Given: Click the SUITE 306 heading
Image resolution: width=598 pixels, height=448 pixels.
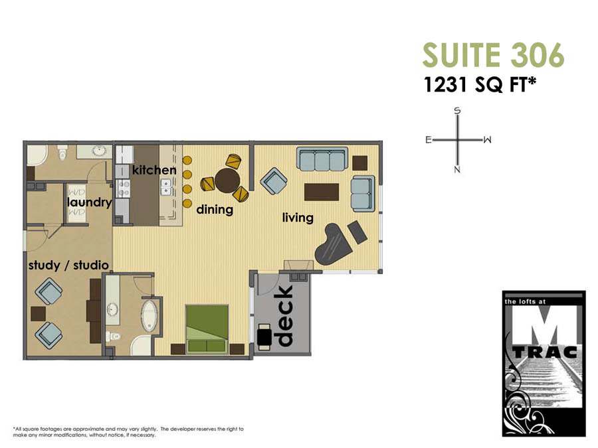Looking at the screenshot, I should (x=493, y=55).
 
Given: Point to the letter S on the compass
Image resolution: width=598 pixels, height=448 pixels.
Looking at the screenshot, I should (x=457, y=111).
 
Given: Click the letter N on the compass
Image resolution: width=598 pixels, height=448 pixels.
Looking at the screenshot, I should (x=457, y=170).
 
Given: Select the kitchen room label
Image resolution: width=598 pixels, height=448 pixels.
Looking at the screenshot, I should (x=154, y=170).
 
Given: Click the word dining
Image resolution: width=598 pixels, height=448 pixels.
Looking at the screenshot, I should (x=215, y=210).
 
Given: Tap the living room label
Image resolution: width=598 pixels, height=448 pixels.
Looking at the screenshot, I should (x=298, y=217).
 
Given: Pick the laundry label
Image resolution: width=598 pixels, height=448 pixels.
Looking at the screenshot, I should (x=89, y=202).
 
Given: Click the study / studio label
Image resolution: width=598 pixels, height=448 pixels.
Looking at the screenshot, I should (x=68, y=265).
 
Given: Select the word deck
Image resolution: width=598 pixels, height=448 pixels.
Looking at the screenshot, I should (x=284, y=316).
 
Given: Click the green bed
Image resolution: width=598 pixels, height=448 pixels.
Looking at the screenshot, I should (x=207, y=329).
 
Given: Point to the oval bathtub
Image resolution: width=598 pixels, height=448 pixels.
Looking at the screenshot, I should (x=149, y=316).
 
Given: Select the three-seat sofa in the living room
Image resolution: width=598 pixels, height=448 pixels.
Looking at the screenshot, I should (x=322, y=159).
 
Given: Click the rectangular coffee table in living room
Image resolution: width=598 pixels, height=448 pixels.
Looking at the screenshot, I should (x=322, y=192).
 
